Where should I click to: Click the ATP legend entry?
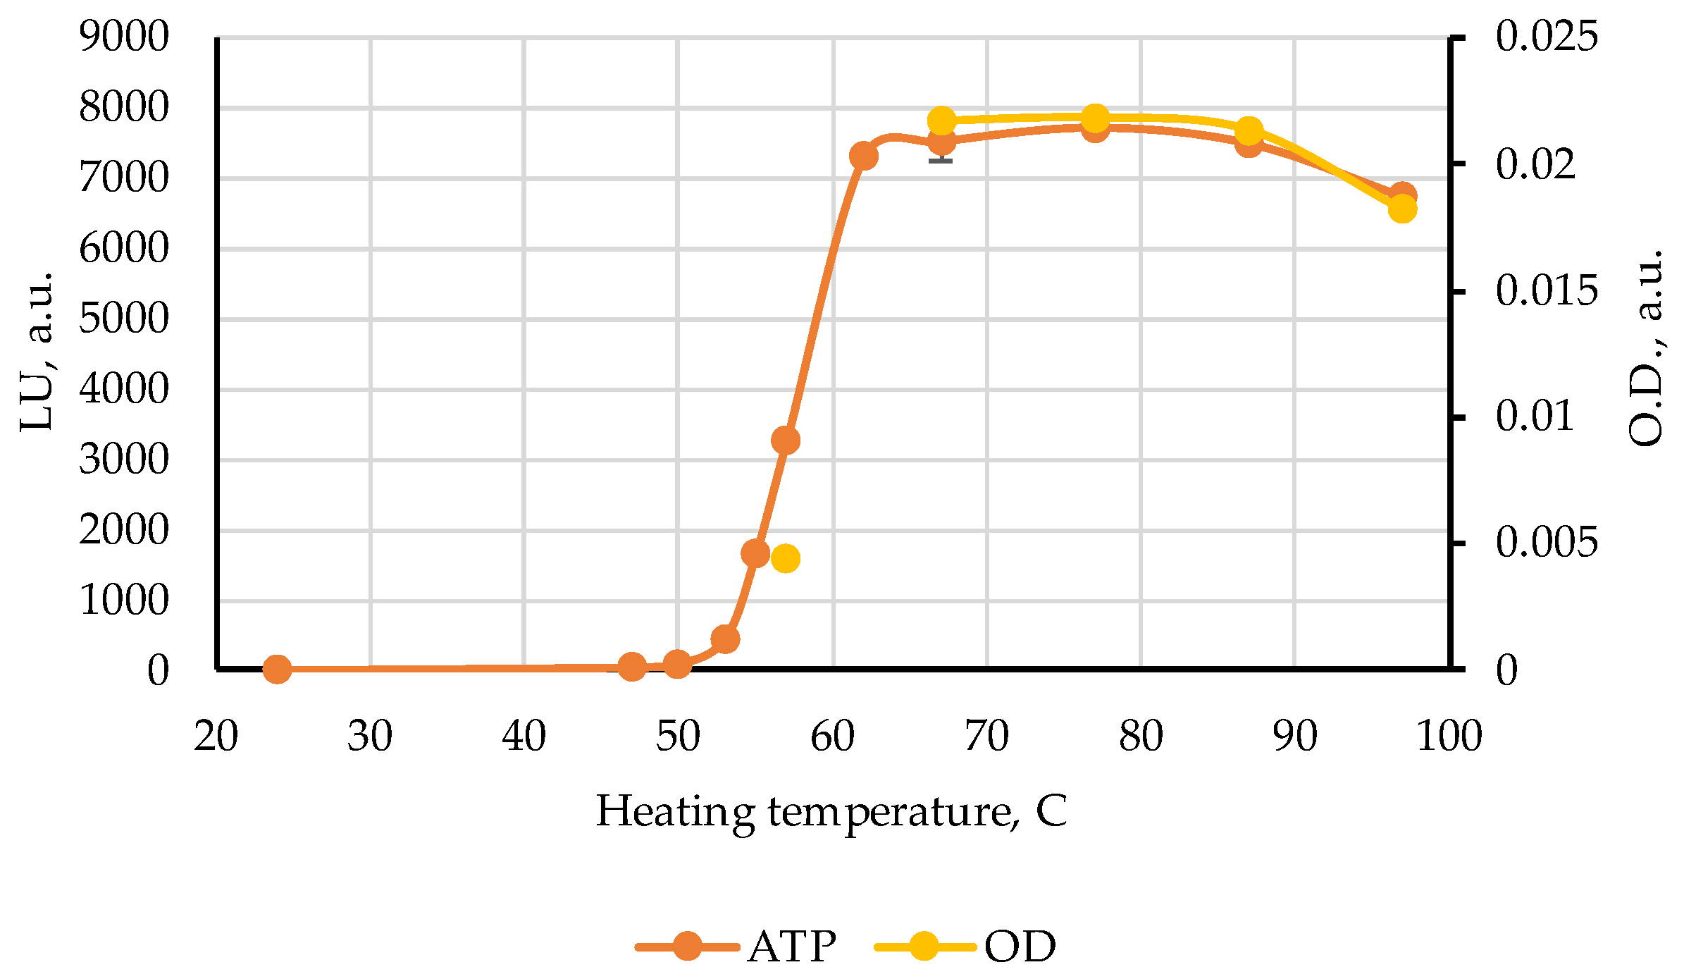coord(736,946)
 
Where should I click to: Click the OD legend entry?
coord(965,946)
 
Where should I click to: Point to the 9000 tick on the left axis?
coord(124,37)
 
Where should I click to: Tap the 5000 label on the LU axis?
coord(124,319)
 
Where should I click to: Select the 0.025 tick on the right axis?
coord(1546,37)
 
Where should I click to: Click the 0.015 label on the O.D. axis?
coord(1546,290)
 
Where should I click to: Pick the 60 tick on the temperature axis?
coord(832,737)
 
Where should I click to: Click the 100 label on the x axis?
coord(1449,737)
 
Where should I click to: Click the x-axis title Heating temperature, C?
coord(831,812)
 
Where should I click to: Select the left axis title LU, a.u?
coord(37,350)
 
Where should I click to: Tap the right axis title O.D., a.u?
coord(1647,347)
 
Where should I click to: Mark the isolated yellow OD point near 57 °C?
coord(786,558)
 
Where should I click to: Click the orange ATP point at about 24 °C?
coord(277,669)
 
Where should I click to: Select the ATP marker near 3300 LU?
coord(786,441)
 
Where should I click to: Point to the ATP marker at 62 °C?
coord(863,156)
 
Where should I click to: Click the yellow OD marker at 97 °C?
coord(1402,209)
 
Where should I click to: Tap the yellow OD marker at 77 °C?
coord(1095,119)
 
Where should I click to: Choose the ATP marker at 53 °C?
coord(725,639)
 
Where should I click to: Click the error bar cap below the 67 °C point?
coord(941,161)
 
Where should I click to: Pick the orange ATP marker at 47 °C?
coord(632,666)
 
